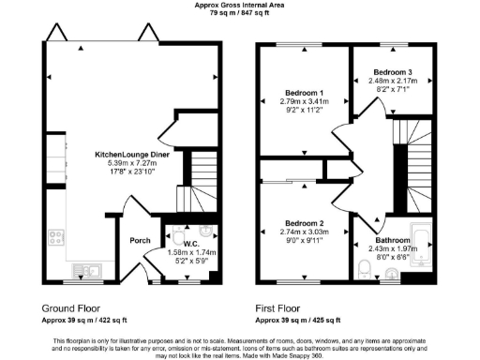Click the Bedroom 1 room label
(304, 93)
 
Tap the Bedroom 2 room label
(304, 223)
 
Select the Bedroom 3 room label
(392, 71)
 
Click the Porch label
(141, 240)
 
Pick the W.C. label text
(190, 243)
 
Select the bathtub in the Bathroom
(424, 247)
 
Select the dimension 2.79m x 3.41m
(304, 102)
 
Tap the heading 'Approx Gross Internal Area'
(239, 6)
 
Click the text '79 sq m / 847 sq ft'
(239, 15)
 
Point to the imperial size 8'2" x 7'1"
(392, 91)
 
